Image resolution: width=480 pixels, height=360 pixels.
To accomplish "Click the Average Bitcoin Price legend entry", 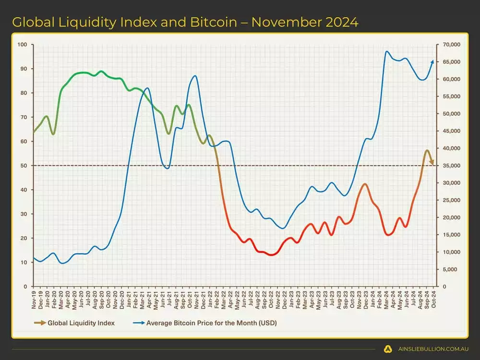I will point(212,323).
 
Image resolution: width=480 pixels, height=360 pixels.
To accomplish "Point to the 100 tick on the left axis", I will point(22,45).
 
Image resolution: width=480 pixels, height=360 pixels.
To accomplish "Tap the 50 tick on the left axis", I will point(23,166).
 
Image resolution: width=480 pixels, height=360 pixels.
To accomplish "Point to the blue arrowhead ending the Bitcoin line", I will point(432,61).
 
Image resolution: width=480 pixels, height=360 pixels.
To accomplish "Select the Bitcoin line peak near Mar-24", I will point(386,51).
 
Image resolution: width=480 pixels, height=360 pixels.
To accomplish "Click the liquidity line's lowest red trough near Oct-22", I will point(272,255).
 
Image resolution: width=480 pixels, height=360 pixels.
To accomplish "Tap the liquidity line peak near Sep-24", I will point(427,151).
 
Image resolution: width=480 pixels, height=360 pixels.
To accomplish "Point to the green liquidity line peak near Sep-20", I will point(100,72).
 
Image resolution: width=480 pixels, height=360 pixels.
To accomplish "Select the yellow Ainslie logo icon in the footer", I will point(388,349).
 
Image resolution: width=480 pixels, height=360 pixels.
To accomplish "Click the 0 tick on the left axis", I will point(25,287).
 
